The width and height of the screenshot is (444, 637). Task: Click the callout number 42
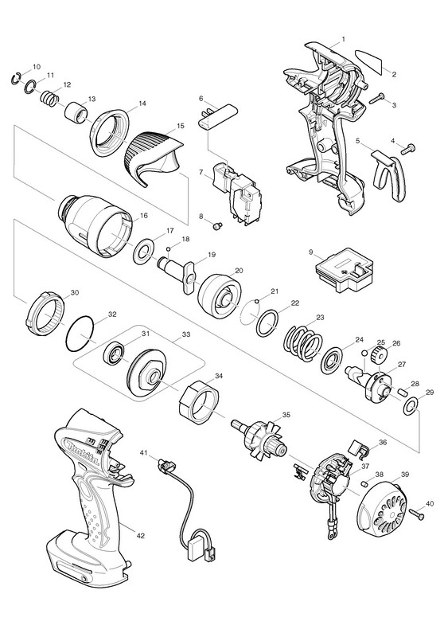tap(140, 536)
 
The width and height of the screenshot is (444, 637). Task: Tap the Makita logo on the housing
tap(84, 452)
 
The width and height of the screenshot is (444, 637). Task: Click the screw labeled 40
tap(416, 513)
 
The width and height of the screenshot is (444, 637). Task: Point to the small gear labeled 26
tap(378, 354)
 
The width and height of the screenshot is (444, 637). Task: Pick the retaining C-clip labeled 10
tap(16, 79)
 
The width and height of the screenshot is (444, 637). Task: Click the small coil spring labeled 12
tap(50, 100)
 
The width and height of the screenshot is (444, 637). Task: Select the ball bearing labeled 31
tap(115, 354)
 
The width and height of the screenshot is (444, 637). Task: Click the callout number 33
tap(186, 334)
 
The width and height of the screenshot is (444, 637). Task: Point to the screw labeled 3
tap(376, 98)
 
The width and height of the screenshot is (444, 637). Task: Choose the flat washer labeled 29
tap(410, 407)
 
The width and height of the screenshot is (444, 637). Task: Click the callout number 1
tap(344, 39)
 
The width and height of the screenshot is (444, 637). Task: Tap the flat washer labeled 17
tap(143, 252)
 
